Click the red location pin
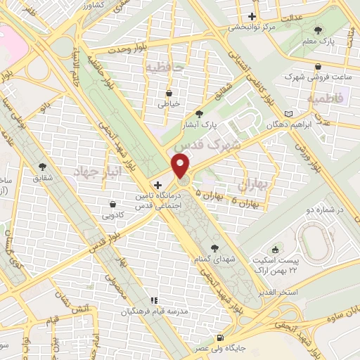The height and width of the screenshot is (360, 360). click(x=181, y=165)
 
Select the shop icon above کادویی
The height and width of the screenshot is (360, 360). click(x=112, y=204)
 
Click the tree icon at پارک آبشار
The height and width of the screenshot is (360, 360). click(x=200, y=114)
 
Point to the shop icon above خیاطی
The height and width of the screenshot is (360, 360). click(x=169, y=94)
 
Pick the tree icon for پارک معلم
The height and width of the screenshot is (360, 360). click(x=319, y=30)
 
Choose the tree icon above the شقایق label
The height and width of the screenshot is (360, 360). click(x=43, y=167)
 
